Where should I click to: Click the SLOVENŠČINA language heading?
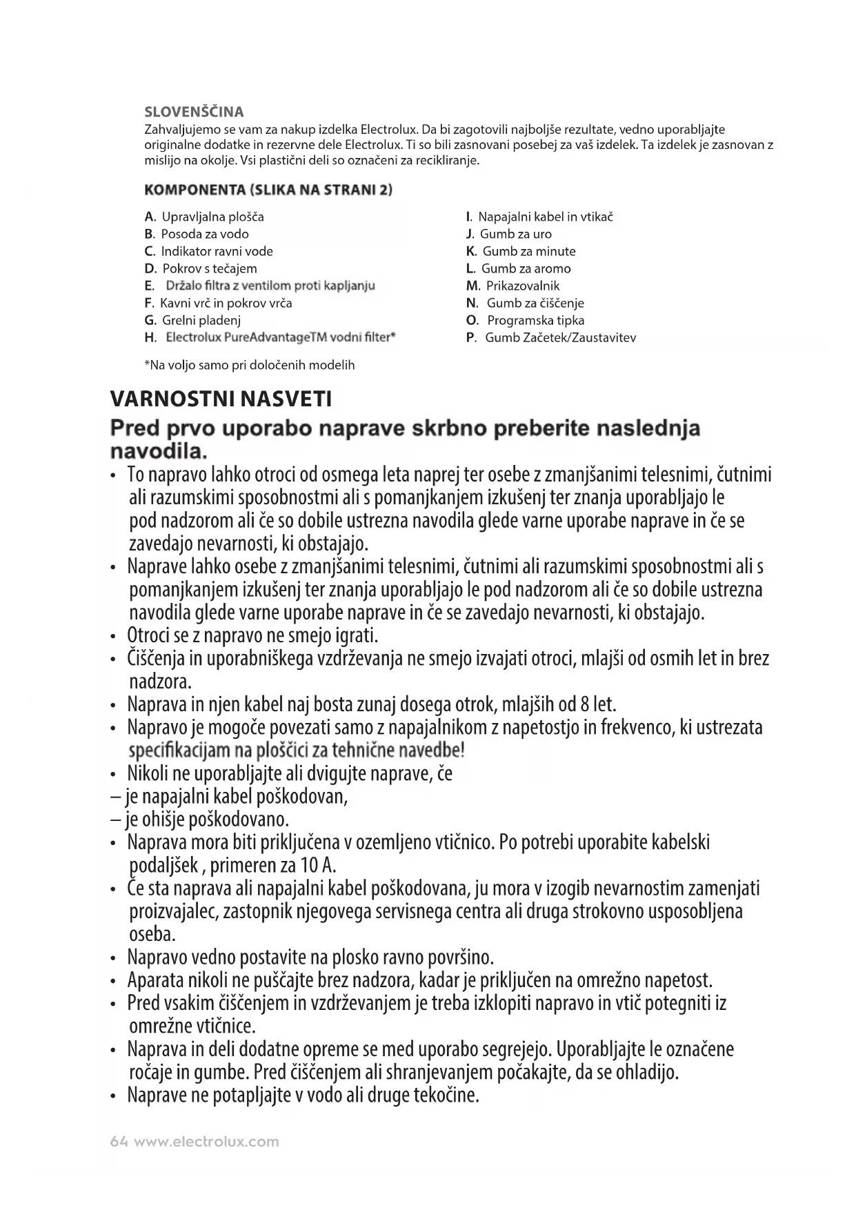[x=194, y=112]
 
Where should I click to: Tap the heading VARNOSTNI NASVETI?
[x=221, y=399]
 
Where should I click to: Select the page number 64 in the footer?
[x=119, y=1142]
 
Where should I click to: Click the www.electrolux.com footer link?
[x=206, y=1142]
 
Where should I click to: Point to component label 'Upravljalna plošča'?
[x=212, y=217]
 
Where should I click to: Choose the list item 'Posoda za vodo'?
[x=205, y=234]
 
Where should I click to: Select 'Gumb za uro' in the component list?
[x=515, y=234]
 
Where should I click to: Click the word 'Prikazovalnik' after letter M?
[x=523, y=286]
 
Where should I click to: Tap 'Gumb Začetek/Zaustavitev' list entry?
[x=560, y=337]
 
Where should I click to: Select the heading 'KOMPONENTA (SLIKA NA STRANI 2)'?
[x=268, y=189]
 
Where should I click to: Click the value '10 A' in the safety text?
[x=318, y=866]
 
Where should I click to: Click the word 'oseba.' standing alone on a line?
[x=152, y=935]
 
